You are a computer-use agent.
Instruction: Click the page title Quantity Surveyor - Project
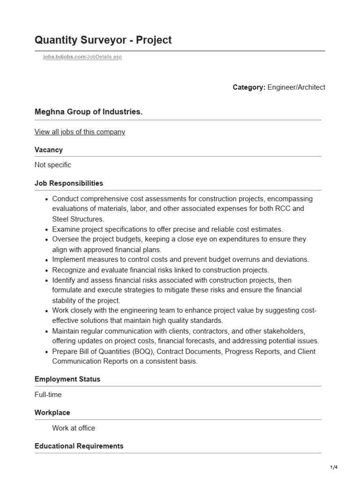click(103, 40)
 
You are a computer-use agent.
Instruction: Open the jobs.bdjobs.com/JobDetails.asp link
click(82, 57)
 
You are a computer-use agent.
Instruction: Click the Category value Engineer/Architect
click(296, 87)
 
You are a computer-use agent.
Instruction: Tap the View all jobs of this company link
click(80, 132)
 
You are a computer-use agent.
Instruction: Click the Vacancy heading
click(49, 150)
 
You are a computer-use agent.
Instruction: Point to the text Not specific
click(53, 165)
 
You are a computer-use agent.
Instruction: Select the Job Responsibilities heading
click(69, 183)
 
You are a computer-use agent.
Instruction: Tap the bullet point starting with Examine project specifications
click(167, 229)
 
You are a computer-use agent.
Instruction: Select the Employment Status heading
click(67, 379)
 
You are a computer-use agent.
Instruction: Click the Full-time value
click(48, 395)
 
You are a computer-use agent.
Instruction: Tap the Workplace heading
click(52, 412)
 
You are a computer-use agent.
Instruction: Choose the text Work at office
click(74, 428)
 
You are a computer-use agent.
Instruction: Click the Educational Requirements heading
click(79, 446)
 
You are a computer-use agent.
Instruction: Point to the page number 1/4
click(333, 467)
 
